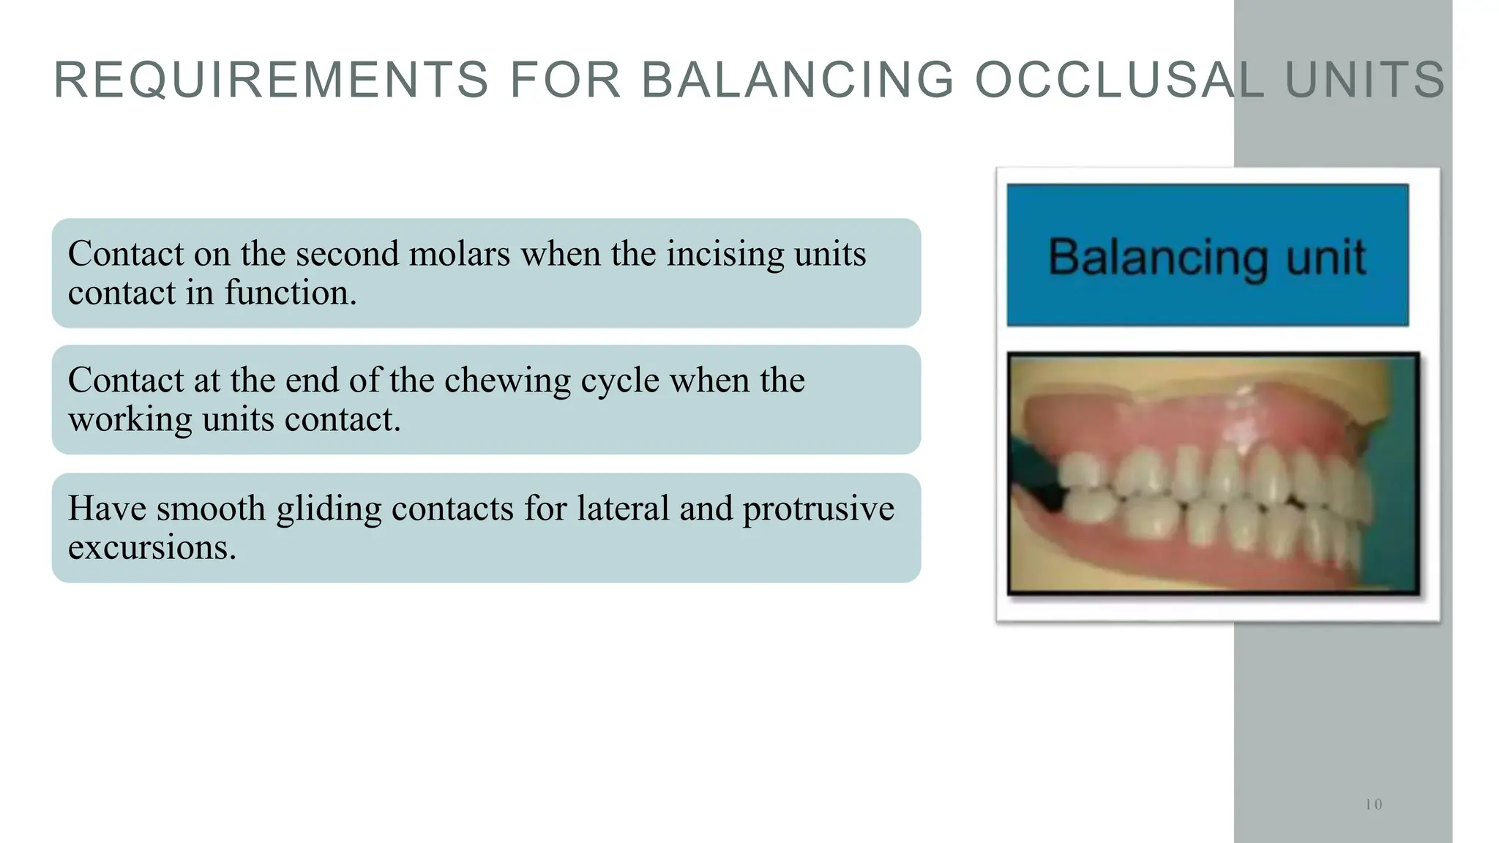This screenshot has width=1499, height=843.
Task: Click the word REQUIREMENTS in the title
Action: point(271,80)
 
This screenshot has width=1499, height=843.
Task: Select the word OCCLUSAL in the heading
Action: point(1120,80)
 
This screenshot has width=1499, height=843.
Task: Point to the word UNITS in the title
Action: point(1365,80)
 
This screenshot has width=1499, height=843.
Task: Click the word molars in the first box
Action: point(459,254)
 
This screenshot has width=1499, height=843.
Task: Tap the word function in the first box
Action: point(290,293)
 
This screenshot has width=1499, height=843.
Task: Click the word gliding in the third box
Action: point(329,509)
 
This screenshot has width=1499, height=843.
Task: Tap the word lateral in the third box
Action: point(623,508)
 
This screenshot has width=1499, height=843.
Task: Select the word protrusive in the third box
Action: point(818,509)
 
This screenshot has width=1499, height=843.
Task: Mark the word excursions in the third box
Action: point(152,547)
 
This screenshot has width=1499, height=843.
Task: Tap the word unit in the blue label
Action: point(1326,257)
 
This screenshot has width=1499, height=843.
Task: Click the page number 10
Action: point(1373,805)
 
